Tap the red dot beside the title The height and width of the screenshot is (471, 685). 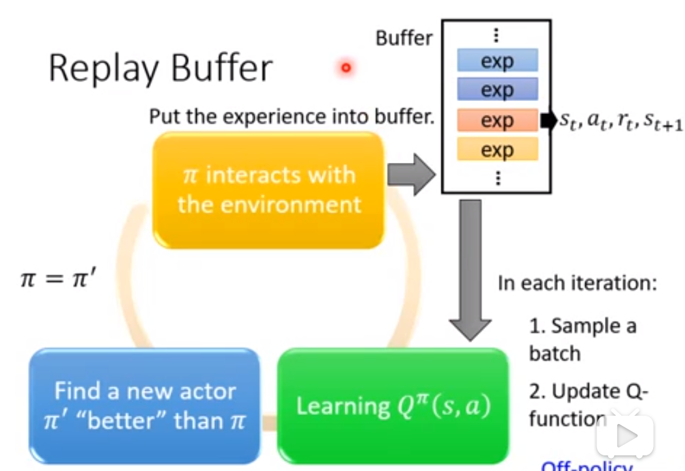tap(346, 66)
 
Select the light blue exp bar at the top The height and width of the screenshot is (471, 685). tap(497, 61)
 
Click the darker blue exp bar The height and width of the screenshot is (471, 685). tap(497, 90)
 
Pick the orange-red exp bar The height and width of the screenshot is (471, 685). tap(497, 121)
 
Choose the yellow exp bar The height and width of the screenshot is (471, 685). tap(497, 150)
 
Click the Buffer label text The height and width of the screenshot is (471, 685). tap(404, 38)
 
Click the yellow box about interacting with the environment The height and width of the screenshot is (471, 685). tap(268, 190)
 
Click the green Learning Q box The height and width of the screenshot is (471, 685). tap(393, 405)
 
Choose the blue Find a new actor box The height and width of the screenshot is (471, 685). tap(145, 405)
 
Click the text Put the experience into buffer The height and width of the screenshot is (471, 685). tap(292, 117)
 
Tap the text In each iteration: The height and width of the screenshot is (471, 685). tap(576, 283)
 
